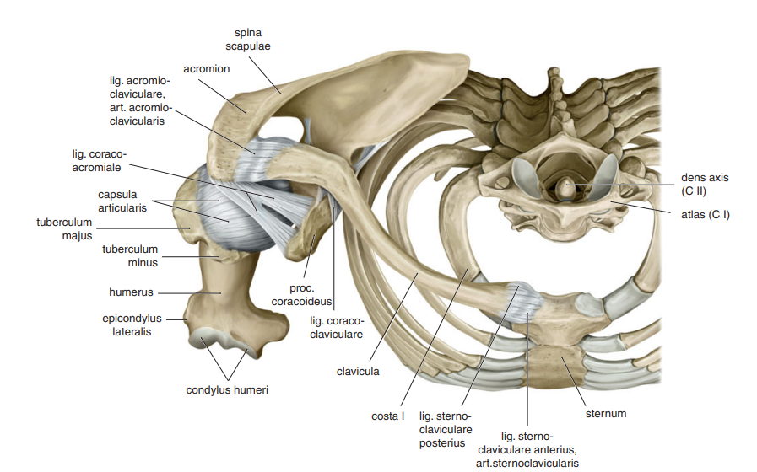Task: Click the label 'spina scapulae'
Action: (247, 40)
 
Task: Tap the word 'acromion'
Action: (206, 69)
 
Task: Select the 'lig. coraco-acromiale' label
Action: (99, 160)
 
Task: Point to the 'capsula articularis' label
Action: (122, 201)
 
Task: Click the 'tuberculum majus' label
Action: (64, 229)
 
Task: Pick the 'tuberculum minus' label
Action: (130, 256)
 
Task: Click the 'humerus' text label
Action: (131, 292)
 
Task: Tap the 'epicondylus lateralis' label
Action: (132, 325)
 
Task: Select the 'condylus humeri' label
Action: (227, 390)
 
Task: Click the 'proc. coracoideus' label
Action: (301, 295)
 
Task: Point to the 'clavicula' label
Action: (358, 372)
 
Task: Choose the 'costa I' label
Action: (387, 416)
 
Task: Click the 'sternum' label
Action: (606, 414)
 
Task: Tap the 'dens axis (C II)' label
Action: (705, 185)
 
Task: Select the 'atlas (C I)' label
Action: (706, 215)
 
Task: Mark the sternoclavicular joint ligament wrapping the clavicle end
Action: (524, 303)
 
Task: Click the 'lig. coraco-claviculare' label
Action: (337, 328)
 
